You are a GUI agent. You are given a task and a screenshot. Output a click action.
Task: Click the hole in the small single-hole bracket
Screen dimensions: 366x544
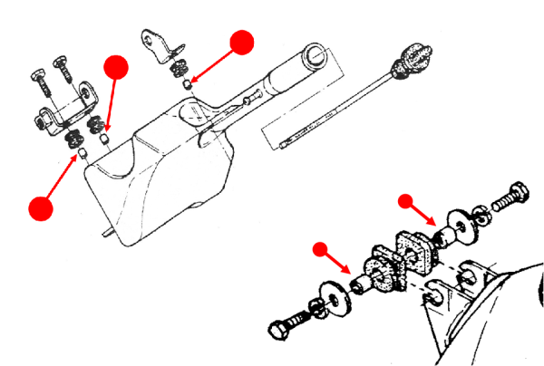pos(151,38)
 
